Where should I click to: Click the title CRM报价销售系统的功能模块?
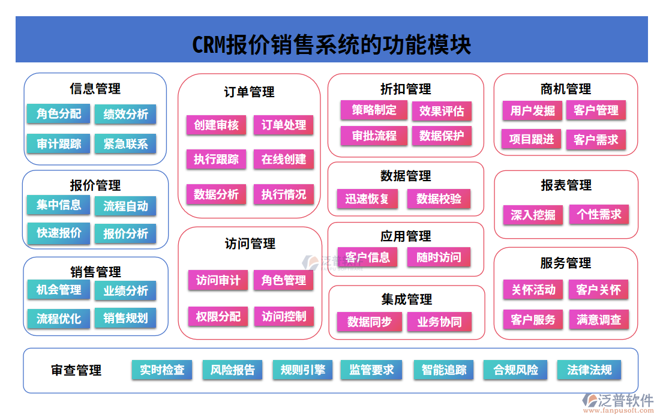point(331,45)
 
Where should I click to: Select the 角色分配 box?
point(58,114)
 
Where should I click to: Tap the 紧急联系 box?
point(125,144)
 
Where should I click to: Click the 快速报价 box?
point(58,233)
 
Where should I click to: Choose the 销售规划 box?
point(125,318)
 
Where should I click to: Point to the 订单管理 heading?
point(249,92)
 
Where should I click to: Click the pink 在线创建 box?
point(283,160)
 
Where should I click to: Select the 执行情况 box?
point(283,194)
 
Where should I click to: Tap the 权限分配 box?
point(218,316)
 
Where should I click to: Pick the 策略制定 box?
point(374,110)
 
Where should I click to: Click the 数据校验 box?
point(439,199)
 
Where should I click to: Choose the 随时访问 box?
point(439,257)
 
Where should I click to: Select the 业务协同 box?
point(439,322)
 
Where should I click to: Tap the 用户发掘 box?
point(532,110)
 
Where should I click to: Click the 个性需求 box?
point(599,214)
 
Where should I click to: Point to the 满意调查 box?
point(599,319)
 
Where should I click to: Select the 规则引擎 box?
point(302,370)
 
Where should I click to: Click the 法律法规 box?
point(589,370)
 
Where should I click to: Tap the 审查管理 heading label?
point(76,371)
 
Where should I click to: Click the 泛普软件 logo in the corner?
point(618,401)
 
